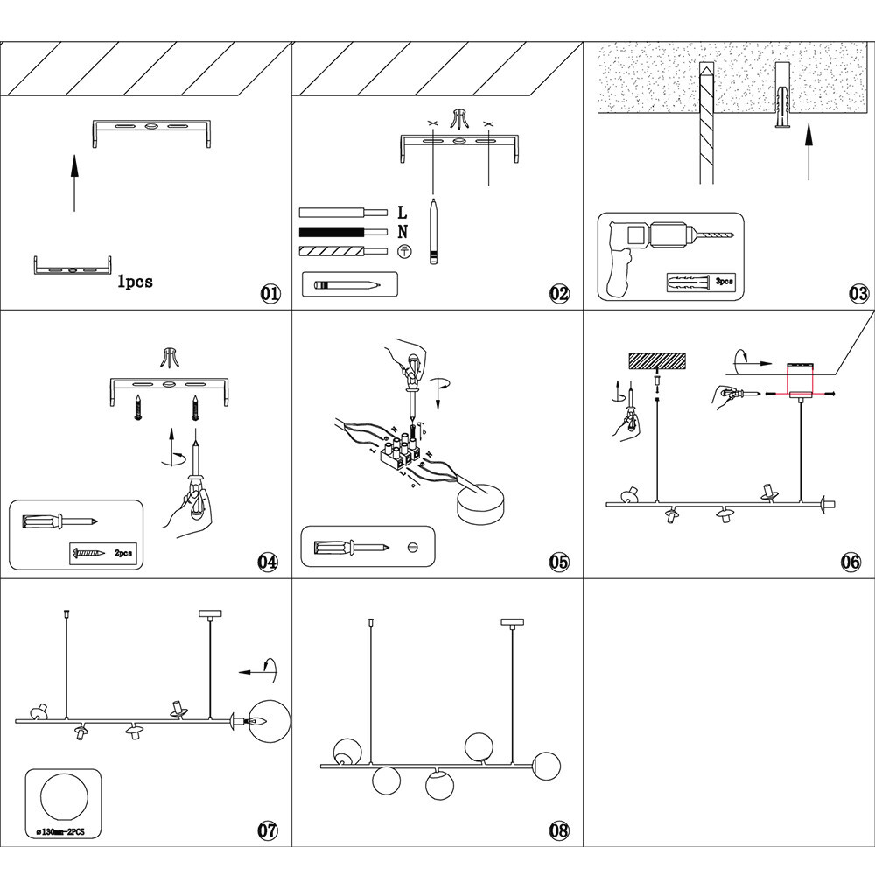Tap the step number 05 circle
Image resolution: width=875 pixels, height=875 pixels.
(x=559, y=562)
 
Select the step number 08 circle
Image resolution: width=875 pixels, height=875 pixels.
(x=559, y=829)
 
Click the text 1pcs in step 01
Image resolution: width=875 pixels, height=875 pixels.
(x=135, y=282)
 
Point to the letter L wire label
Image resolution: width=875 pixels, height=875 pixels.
(x=402, y=212)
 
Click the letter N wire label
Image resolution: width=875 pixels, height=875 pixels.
(x=402, y=232)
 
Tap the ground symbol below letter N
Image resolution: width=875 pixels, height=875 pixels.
(x=403, y=252)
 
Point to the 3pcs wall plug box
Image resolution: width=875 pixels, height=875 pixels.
(x=700, y=283)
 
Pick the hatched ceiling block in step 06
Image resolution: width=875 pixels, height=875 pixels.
(x=656, y=360)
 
